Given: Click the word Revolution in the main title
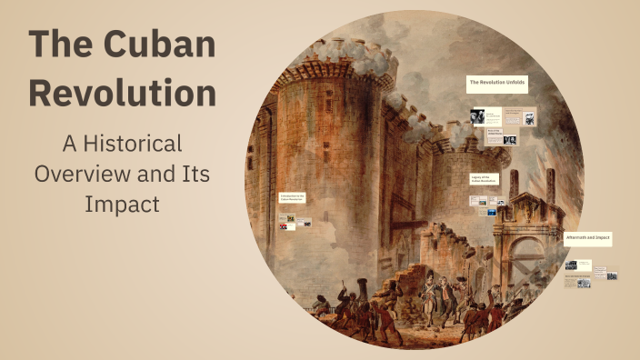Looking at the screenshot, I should pyautogui.click(x=122, y=93).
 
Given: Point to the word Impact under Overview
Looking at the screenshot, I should pyautogui.click(x=122, y=205).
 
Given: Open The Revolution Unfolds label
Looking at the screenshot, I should pyautogui.click(x=496, y=83).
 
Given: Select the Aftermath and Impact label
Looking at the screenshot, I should pyautogui.click(x=587, y=237).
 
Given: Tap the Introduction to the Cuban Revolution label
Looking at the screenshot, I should pyautogui.click(x=293, y=197).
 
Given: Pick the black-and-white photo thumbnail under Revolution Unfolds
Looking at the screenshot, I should pyautogui.click(x=477, y=115).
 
